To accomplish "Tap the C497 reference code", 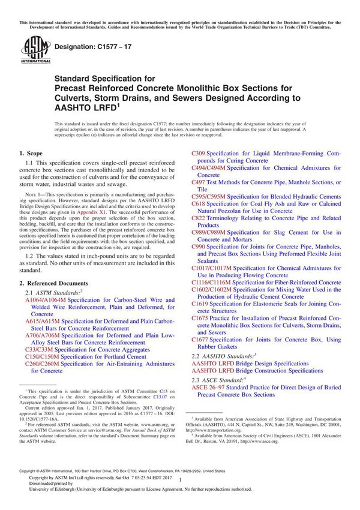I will (199, 182).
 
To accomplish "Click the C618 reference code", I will (199, 204).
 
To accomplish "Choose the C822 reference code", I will (199, 218).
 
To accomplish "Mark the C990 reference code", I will (199, 247).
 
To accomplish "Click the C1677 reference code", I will (201, 340).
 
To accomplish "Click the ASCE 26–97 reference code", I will (211, 388).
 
